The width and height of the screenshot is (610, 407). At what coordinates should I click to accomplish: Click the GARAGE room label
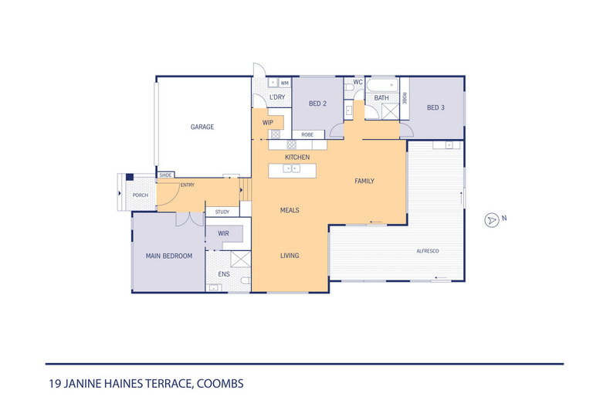click(x=202, y=127)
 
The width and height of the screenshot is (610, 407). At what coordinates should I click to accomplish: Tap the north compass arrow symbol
click(x=492, y=220)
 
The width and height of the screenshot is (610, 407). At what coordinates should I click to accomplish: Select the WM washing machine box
click(x=285, y=83)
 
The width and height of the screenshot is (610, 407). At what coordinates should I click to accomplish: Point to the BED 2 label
click(x=317, y=103)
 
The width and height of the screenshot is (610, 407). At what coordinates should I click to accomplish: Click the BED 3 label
click(x=435, y=107)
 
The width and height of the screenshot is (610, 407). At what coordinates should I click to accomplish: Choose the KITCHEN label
click(x=297, y=158)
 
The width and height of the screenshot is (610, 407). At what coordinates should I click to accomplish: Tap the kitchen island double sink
click(x=291, y=168)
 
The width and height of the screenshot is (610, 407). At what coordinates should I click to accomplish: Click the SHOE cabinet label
click(x=165, y=175)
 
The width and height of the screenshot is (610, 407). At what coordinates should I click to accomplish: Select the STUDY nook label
click(x=222, y=212)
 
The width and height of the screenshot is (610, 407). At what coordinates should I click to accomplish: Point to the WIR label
click(x=223, y=233)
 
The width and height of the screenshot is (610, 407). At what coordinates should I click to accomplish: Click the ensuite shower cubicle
click(x=240, y=259)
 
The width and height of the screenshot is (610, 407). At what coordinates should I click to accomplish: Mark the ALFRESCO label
click(x=428, y=251)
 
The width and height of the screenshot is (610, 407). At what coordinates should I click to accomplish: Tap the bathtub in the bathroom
click(x=383, y=84)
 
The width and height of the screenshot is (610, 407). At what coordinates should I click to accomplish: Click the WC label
click(x=358, y=82)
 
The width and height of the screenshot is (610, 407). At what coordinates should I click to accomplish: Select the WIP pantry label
click(x=268, y=123)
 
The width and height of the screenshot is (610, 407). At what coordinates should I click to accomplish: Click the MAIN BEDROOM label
click(x=169, y=256)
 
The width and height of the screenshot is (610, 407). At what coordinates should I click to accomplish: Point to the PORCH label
click(x=140, y=195)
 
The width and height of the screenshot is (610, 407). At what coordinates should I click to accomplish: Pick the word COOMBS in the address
click(x=220, y=384)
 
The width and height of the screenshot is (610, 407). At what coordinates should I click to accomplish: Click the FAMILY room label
click(x=364, y=181)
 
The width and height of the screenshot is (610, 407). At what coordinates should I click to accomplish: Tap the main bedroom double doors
click(x=189, y=220)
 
